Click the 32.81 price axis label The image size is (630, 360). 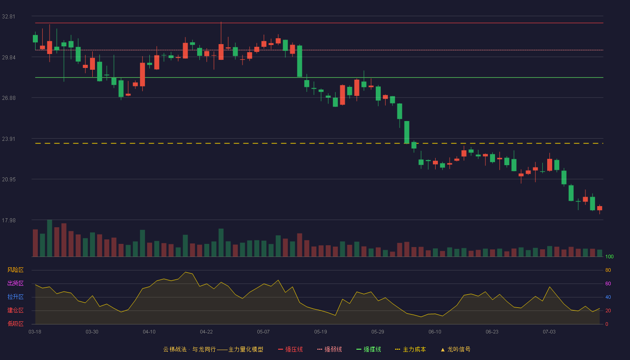coord(9,17)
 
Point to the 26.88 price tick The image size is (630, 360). coord(9,98)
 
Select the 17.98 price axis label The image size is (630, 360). coord(9,220)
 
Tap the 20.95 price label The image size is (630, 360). coord(9,180)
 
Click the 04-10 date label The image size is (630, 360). coord(149,332)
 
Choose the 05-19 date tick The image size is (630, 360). coord(320,332)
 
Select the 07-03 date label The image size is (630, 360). coord(549,332)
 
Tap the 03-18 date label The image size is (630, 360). coord(35,332)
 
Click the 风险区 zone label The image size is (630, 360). coord(15,270)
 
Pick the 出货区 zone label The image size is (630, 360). coord(15,283)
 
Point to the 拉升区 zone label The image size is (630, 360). coord(15,297)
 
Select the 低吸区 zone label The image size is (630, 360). coord(15,324)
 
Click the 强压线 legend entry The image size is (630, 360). coord(290,349)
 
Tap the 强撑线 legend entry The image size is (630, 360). coord(369,349)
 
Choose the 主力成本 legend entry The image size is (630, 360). coord(410,349)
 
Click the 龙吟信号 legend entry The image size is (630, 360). coord(455,349)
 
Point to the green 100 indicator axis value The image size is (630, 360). coord(609,256)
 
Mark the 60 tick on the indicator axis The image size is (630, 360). coord(608,283)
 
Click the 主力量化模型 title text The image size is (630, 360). coord(246,349)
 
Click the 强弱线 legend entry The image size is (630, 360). coord(329,349)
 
